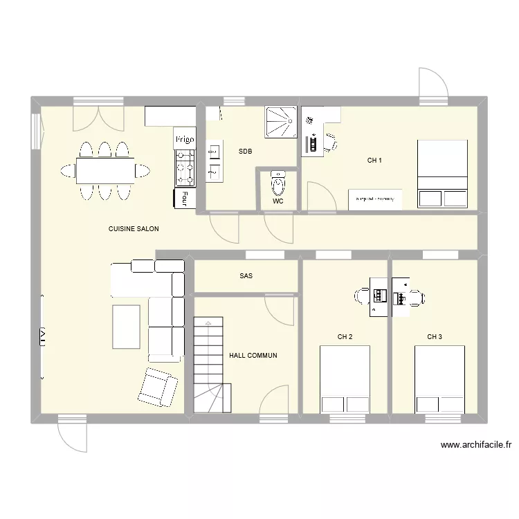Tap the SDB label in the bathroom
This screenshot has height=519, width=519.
(245, 151)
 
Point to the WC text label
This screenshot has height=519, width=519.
(278, 202)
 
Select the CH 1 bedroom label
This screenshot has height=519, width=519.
(374, 161)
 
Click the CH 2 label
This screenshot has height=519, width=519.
(345, 337)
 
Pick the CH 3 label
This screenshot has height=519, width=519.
(435, 337)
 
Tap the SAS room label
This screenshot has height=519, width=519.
(246, 276)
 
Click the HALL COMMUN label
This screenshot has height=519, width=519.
(253, 356)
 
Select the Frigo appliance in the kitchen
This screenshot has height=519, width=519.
(185, 139)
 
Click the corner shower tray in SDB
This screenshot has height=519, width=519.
(280, 122)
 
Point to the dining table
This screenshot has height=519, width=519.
(105, 170)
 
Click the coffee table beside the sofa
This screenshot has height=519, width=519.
(126, 327)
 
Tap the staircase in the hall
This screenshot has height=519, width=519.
(209, 365)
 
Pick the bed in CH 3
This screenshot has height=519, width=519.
(439, 379)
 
